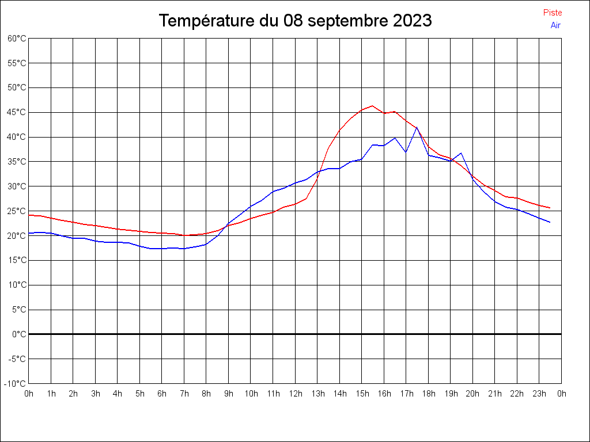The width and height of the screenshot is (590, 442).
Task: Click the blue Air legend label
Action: pyautogui.click(x=555, y=25)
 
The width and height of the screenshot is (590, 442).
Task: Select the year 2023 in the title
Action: pyautogui.click(x=413, y=21)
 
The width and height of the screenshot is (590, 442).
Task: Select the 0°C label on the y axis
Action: pyautogui.click(x=20, y=334)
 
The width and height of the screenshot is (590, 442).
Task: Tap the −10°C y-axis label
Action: pyautogui.click(x=16, y=383)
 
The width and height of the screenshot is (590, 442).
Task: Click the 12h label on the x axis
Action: pyautogui.click(x=295, y=394)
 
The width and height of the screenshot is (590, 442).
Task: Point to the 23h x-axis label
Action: pyautogui.click(x=539, y=394)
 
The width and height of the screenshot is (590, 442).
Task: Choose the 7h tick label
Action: pyautogui.click(x=184, y=394)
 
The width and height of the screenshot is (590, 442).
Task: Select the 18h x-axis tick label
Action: pyautogui.click(x=428, y=394)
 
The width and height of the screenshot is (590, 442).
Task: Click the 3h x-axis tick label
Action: pyautogui.click(x=96, y=394)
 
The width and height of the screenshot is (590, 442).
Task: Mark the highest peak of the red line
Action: pyautogui.click(x=372, y=106)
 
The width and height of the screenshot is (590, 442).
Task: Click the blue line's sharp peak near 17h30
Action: pyautogui.click(x=417, y=127)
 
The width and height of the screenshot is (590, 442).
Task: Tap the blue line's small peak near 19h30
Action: pyautogui.click(x=461, y=153)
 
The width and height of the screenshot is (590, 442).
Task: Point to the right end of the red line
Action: pyautogui.click(x=550, y=208)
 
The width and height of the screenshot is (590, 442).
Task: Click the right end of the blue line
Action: pyautogui.click(x=550, y=222)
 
